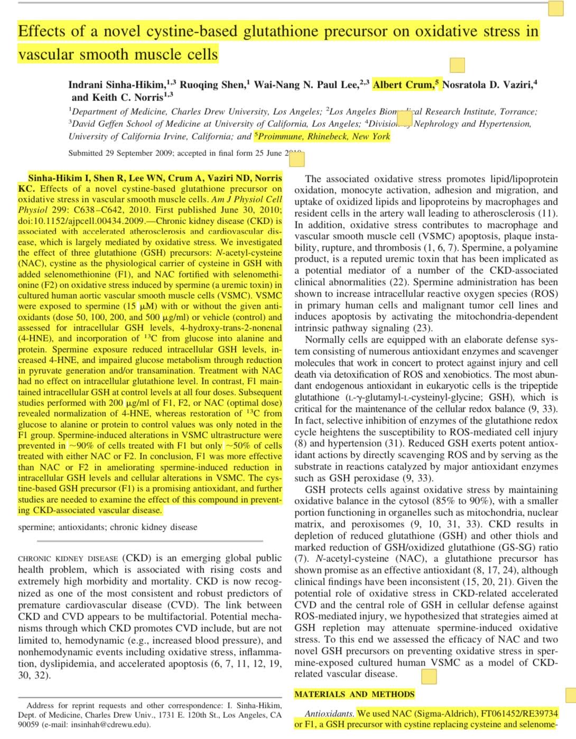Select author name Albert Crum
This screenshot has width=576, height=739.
click(404, 85)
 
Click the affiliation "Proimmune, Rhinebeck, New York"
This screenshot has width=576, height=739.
click(324, 136)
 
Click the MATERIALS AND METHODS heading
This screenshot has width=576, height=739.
click(354, 694)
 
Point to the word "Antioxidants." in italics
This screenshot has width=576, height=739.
click(329, 713)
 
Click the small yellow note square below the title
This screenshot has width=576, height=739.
click(457, 65)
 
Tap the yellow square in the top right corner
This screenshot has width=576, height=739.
click(555, 8)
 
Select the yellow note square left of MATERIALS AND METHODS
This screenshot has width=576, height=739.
click(429, 676)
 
